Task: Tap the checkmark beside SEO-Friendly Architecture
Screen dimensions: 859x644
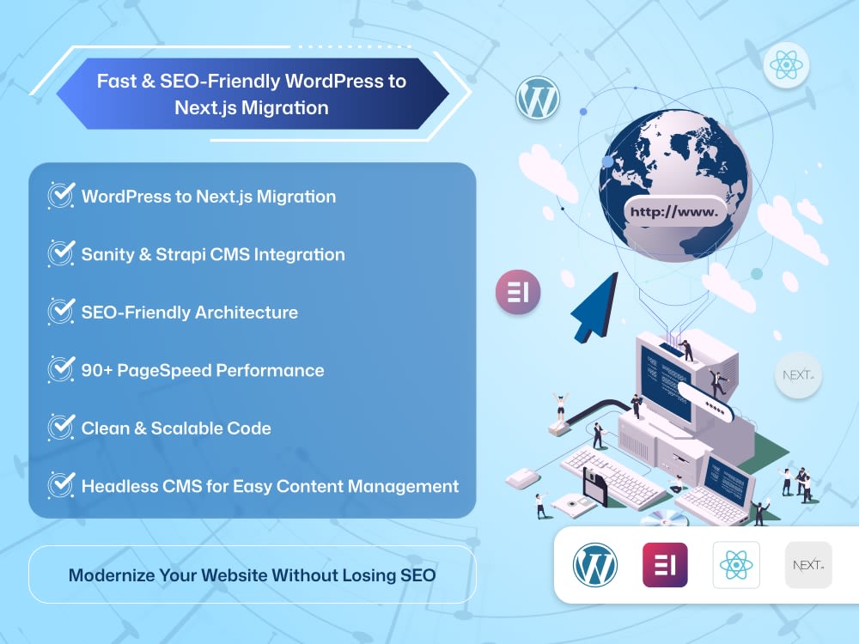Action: [61, 311]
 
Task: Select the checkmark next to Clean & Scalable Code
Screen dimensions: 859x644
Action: [61, 427]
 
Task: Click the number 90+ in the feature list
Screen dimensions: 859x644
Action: [97, 370]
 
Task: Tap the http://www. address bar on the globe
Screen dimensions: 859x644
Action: [674, 212]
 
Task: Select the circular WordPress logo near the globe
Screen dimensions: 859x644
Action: [538, 99]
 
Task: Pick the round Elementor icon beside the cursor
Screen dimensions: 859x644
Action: [518, 292]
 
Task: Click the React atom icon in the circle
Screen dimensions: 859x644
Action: [786, 65]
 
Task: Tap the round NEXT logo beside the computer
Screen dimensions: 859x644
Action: [798, 375]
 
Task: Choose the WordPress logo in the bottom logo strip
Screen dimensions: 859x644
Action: [595, 565]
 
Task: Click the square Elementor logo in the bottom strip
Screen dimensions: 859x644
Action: [665, 565]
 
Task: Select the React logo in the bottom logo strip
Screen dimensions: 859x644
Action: [736, 565]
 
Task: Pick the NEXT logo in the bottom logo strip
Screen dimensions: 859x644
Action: [808, 565]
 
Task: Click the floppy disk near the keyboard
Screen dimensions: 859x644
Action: [595, 488]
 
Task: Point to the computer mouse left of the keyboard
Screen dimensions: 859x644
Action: [524, 478]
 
